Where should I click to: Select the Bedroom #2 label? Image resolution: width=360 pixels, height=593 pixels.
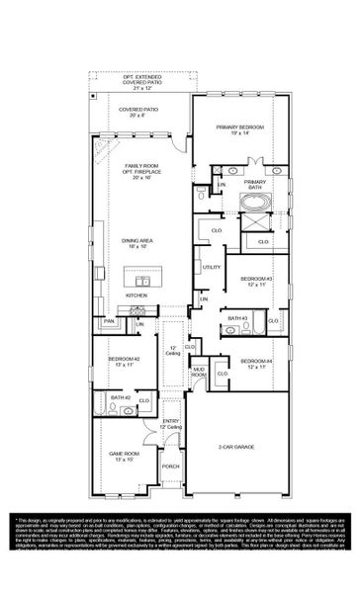(122, 362)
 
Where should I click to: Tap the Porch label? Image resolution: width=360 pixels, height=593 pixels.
(171, 466)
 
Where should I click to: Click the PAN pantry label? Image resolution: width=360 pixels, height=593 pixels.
(110, 321)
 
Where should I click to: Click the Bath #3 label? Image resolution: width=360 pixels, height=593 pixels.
(237, 318)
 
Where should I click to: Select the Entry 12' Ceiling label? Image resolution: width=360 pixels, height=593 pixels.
(171, 423)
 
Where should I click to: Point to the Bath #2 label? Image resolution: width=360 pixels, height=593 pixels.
(121, 397)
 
